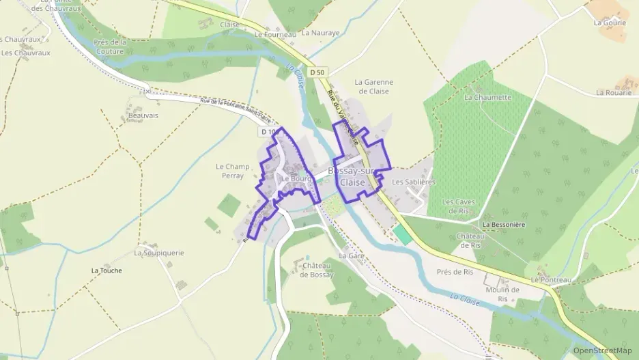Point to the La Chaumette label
coord(487,97)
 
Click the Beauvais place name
coord(143,115)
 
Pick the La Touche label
coord(106,271)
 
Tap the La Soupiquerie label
coord(159,253)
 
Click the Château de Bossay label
coord(317,270)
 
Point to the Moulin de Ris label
coord(504,294)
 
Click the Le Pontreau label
coord(550,279)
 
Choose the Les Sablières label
coord(414,182)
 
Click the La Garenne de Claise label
coord(373,87)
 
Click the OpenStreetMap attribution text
coord(602,350)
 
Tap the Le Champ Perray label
coord(233,171)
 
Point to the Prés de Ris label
coord(455,272)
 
